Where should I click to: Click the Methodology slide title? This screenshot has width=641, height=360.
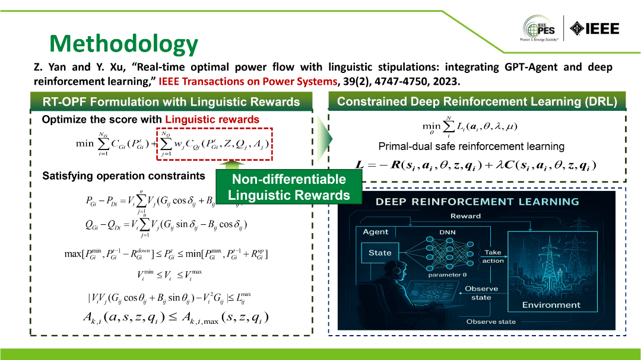click(123, 43)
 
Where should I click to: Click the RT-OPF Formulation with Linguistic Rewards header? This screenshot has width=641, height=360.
click(172, 102)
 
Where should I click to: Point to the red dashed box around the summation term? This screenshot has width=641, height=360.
click(214, 144)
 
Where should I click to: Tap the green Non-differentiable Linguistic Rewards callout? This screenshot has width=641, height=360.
click(287, 187)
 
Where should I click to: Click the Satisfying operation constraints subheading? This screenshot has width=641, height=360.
click(123, 176)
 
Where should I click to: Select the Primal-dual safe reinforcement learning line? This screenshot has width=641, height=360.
click(471, 146)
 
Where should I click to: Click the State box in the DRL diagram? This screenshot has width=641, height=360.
click(380, 253)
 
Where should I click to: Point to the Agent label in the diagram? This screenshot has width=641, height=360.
click(375, 232)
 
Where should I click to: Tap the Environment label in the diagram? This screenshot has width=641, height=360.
click(551, 305)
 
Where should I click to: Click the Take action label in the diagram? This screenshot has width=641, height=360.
click(493, 256)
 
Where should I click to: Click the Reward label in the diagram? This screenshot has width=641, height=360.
click(465, 216)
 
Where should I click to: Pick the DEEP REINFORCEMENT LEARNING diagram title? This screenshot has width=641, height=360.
click(477, 202)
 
